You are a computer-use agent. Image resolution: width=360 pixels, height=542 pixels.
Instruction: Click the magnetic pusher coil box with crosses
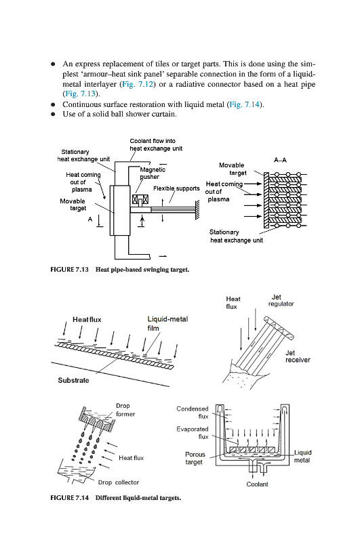coord(141,199)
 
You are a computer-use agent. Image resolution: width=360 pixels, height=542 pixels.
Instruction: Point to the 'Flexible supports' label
coord(176,188)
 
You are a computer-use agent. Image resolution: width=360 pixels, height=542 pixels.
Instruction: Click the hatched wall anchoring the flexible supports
coord(197,209)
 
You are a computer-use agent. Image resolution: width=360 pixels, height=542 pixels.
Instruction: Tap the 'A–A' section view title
coord(280,160)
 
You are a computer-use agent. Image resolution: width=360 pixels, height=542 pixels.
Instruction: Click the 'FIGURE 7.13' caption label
coord(70,269)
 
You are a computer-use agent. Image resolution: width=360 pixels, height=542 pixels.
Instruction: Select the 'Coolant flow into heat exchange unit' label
coord(156,145)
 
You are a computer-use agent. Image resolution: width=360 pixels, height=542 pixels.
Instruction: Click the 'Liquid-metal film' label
coord(167,324)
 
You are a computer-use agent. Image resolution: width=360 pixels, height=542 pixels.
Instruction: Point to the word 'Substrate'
coord(73,380)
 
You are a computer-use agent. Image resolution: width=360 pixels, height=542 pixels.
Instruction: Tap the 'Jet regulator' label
coord(281,300)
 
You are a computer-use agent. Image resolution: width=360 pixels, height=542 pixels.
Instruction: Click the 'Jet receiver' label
coord(298,356)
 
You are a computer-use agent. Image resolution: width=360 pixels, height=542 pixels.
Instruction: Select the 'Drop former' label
coord(125,410)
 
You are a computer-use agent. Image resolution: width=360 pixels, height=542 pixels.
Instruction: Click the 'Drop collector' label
coord(118,482)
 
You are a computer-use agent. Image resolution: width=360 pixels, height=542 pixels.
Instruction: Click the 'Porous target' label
coord(195,458)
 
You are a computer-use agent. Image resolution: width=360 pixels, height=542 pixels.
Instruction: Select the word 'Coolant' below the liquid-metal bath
coord(258,484)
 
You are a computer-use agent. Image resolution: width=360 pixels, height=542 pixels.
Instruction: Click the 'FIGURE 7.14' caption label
coord(70,498)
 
